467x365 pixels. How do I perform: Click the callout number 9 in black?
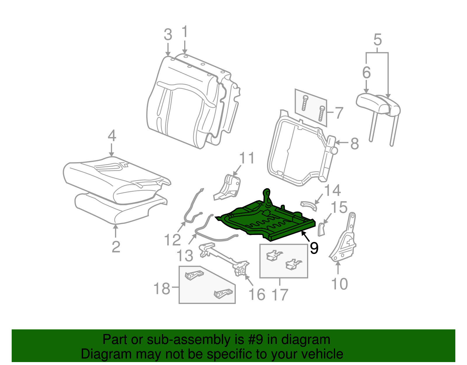click(314, 248)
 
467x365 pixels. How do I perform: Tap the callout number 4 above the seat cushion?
click(112, 136)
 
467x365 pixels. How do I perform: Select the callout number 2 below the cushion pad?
click(116, 247)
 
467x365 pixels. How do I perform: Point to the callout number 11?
click(247, 158)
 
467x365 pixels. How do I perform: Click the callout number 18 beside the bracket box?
click(162, 288)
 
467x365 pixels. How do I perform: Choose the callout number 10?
click(339, 284)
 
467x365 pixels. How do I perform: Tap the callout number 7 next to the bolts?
click(339, 113)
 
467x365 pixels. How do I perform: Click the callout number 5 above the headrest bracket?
click(378, 39)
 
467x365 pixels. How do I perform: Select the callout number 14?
click(332, 190)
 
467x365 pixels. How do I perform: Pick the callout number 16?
click(257, 295)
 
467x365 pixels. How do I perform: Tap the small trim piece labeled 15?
click(321, 230)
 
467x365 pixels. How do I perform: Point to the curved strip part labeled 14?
click(309, 206)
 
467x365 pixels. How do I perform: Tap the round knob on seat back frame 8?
click(334, 151)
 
